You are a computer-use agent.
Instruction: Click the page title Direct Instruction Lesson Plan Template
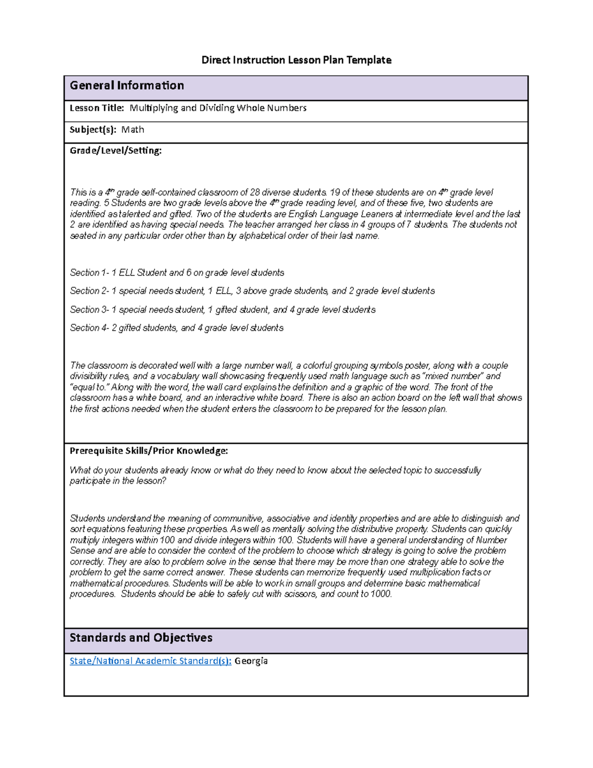[x=296, y=60]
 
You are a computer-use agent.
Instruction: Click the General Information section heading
[x=127, y=86]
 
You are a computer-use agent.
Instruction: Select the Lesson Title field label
[x=96, y=108]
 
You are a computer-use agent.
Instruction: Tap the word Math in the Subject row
[x=133, y=130]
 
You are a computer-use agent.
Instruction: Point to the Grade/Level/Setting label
[x=115, y=150]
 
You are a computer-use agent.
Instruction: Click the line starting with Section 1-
[x=176, y=272]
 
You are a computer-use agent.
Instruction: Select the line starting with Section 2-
[x=252, y=291]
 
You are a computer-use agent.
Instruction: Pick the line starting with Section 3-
[x=222, y=310]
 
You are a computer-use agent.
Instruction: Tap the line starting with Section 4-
[x=176, y=328]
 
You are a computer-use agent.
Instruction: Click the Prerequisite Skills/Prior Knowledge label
[x=148, y=451]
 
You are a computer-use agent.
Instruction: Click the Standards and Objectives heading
[x=141, y=637]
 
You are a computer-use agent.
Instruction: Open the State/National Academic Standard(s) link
[x=150, y=661]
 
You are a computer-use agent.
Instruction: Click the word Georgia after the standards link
[x=251, y=661]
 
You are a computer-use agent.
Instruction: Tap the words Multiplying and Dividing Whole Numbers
[x=218, y=108]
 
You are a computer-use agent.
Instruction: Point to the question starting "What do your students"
[x=275, y=475]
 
